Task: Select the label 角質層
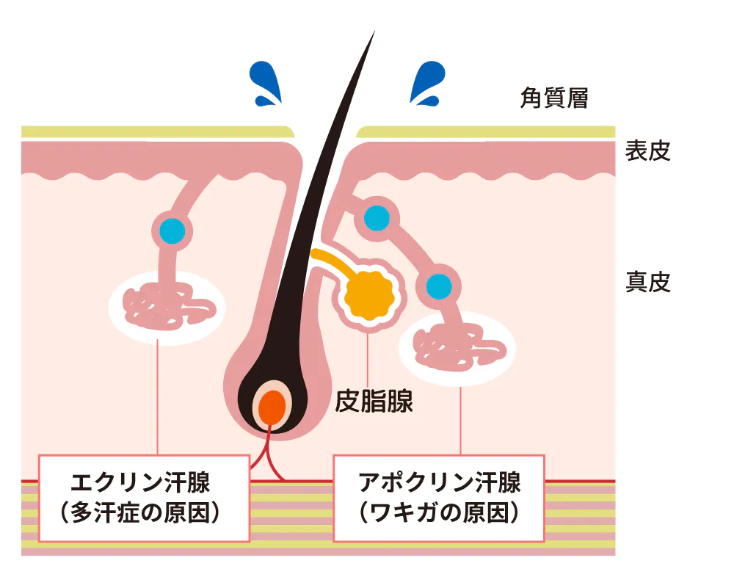(554, 98)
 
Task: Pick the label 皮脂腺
(374, 401)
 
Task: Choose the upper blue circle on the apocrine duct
(377, 218)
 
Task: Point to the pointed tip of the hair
(373, 34)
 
